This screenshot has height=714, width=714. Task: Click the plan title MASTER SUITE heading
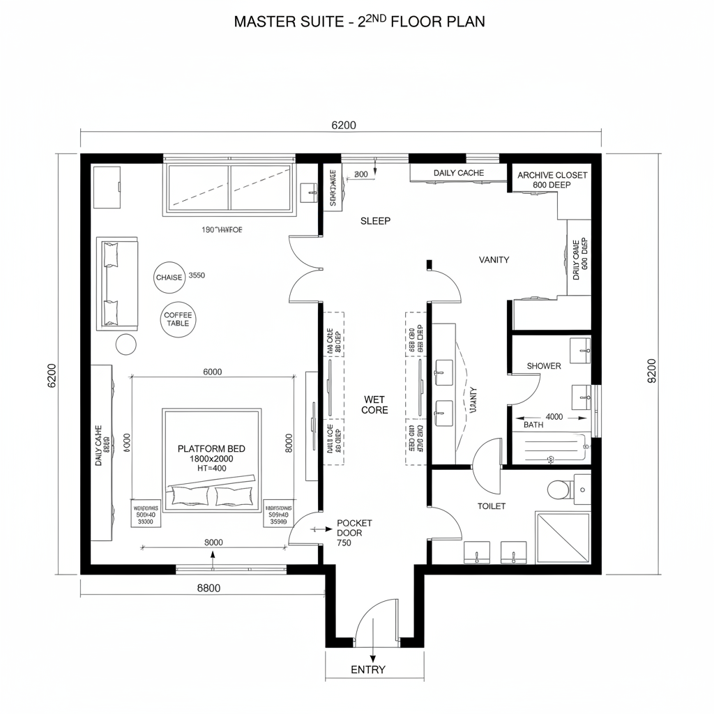359,21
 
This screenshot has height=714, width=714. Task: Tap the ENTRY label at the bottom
367,669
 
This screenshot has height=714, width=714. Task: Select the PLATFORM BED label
211,449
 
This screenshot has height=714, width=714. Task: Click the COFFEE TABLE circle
178,319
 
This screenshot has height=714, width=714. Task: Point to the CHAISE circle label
169,277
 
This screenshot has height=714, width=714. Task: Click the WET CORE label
374,404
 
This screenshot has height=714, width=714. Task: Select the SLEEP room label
375,220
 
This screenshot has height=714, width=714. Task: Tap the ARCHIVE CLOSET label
552,175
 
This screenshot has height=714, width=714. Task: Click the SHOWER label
543,366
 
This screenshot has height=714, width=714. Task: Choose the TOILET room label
492,506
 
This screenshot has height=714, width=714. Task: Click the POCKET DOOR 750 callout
354,532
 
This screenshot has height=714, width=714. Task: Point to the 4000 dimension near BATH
554,417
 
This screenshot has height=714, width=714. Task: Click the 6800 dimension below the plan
208,588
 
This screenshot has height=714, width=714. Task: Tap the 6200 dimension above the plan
343,126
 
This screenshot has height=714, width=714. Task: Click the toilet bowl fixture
558,489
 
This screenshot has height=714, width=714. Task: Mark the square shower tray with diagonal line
562,537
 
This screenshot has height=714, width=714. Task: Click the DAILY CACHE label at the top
458,173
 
